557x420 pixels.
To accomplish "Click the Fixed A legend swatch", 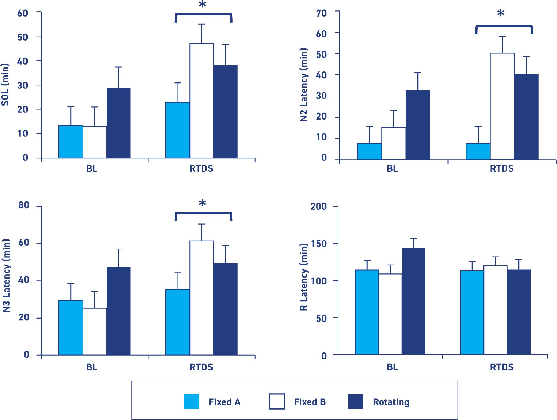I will pyautogui.click(x=192, y=402).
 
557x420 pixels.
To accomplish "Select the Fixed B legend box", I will pyautogui.click(x=277, y=402).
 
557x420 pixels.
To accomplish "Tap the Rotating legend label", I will pyautogui.click(x=391, y=402).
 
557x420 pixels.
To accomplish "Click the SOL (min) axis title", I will pyautogui.click(x=5, y=85).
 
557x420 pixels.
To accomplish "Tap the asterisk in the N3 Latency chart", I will pyautogui.click(x=202, y=204).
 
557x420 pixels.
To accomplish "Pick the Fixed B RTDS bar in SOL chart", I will pyautogui.click(x=202, y=101).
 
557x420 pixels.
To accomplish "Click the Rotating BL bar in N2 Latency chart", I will pyautogui.click(x=418, y=125).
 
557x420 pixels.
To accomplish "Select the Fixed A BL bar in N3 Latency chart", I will pyautogui.click(x=71, y=327).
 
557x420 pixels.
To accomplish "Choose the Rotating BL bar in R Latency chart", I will pyautogui.click(x=414, y=301).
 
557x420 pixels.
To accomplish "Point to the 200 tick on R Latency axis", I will pyautogui.click(x=319, y=206).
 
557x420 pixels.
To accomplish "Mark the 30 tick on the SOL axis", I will pyautogui.click(x=23, y=85).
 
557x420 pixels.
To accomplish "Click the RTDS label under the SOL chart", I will pyautogui.click(x=201, y=169).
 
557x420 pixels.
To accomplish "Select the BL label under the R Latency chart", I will pyautogui.click(x=392, y=367).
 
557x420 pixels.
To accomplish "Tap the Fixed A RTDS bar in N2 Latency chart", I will pyautogui.click(x=478, y=152).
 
